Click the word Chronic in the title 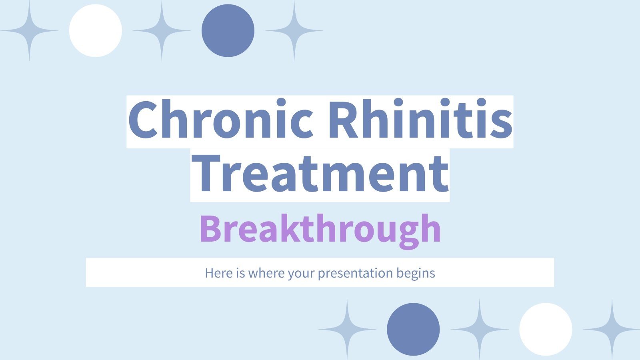[220, 120]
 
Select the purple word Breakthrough [320, 229]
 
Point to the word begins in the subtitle [416, 273]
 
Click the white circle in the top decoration [95, 31]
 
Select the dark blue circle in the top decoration [228, 31]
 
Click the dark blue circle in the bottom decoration [413, 329]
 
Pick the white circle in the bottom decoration [546, 329]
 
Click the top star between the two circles [162, 31]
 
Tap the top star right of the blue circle [294, 31]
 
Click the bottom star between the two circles [479, 329]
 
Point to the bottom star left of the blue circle [347, 329]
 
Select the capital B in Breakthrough [211, 229]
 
